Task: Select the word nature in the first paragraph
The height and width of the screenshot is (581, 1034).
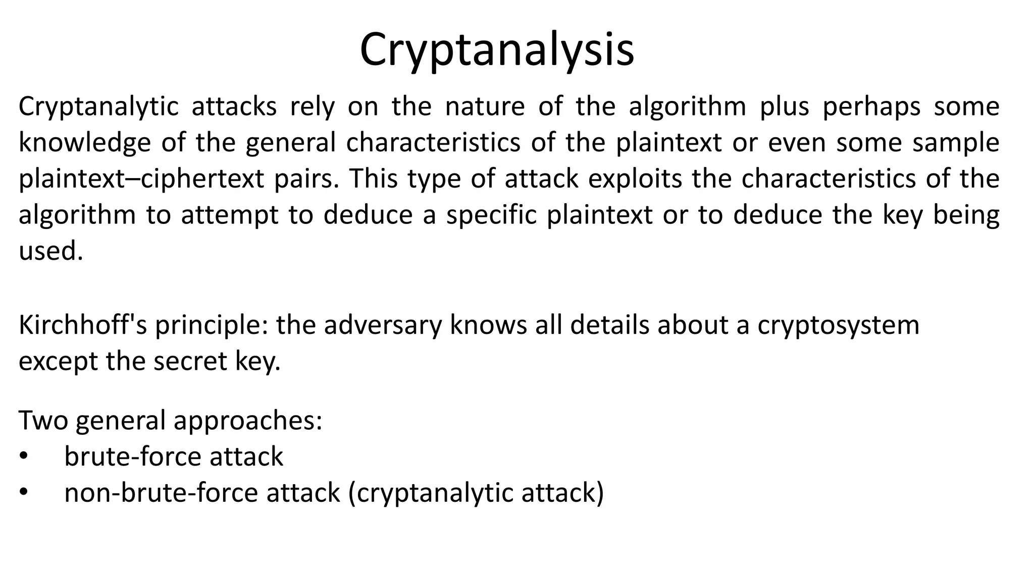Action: point(485,107)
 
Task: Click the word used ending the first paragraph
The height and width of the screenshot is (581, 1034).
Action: point(50,251)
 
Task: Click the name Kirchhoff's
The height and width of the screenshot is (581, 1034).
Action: point(83,325)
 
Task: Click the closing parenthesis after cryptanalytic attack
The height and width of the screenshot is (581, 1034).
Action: point(600,493)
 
